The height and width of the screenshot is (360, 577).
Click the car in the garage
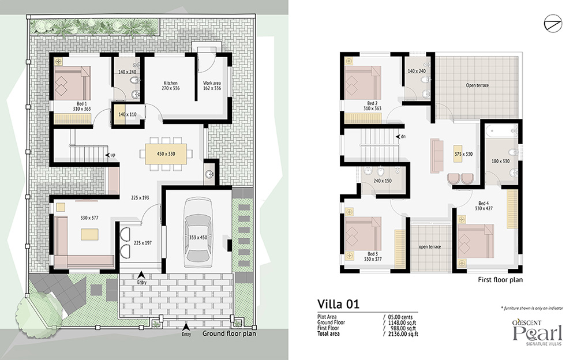198,233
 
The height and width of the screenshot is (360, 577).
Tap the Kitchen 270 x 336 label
170,85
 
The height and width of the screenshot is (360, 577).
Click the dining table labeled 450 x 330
166,154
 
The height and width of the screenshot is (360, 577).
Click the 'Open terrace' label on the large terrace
477,85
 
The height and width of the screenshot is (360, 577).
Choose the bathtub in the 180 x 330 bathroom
501,131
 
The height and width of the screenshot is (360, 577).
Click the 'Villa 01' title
338,304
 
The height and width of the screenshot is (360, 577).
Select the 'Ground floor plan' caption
229,333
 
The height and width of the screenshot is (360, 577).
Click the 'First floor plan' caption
500,280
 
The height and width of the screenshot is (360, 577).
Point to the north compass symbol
553,24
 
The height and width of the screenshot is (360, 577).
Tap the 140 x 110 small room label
128,114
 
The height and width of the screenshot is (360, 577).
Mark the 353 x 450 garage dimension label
198,238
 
